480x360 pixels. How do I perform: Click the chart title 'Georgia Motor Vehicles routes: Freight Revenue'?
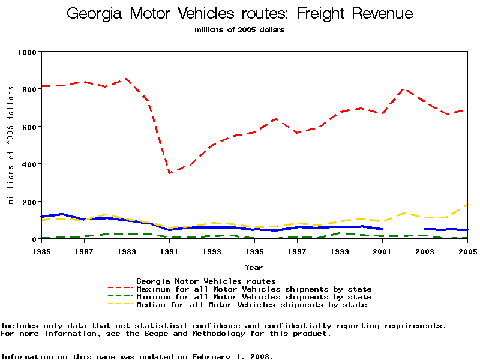coord(239,14)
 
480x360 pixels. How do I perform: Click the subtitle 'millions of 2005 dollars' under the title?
coord(239,29)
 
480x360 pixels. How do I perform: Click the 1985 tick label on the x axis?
coord(41,251)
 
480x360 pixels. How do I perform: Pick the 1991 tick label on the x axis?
coord(169,251)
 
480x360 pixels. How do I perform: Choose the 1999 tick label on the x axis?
coord(340,251)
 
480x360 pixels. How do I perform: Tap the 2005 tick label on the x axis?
coord(467,251)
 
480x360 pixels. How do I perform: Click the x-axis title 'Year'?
coord(254,267)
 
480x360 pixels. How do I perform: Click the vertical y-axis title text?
coord(11,145)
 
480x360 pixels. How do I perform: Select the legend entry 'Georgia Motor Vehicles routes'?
coord(206,281)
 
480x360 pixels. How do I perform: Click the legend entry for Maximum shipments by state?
coord(254,289)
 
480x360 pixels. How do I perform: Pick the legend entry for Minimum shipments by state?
coord(254,297)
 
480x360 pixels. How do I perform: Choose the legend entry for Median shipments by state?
coord(251,305)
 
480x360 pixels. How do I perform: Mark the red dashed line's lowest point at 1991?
coord(170,173)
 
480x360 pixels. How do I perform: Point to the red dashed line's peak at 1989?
coord(126,79)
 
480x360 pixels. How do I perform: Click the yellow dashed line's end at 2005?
coord(467,205)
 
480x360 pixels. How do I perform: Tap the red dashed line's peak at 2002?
coord(405,89)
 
